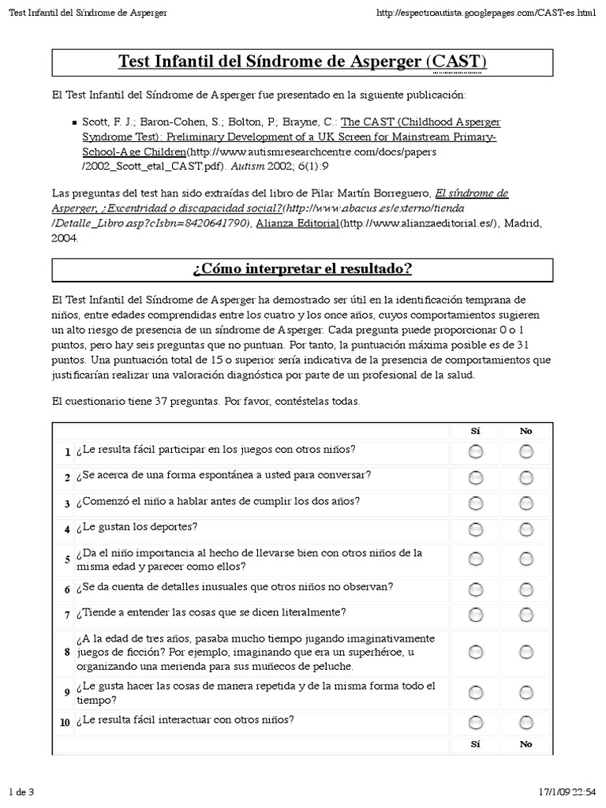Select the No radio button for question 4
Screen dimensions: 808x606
(x=526, y=528)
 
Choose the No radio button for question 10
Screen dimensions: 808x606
(x=526, y=722)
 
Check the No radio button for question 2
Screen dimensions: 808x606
(x=526, y=477)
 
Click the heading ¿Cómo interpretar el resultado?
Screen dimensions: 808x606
(x=302, y=269)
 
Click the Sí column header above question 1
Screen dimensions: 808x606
(x=475, y=431)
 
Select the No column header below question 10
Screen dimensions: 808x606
(x=526, y=744)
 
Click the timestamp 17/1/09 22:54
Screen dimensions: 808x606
(x=563, y=791)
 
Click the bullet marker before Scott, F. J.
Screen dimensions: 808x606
(x=73, y=123)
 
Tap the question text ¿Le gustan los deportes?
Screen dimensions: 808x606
(x=137, y=526)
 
